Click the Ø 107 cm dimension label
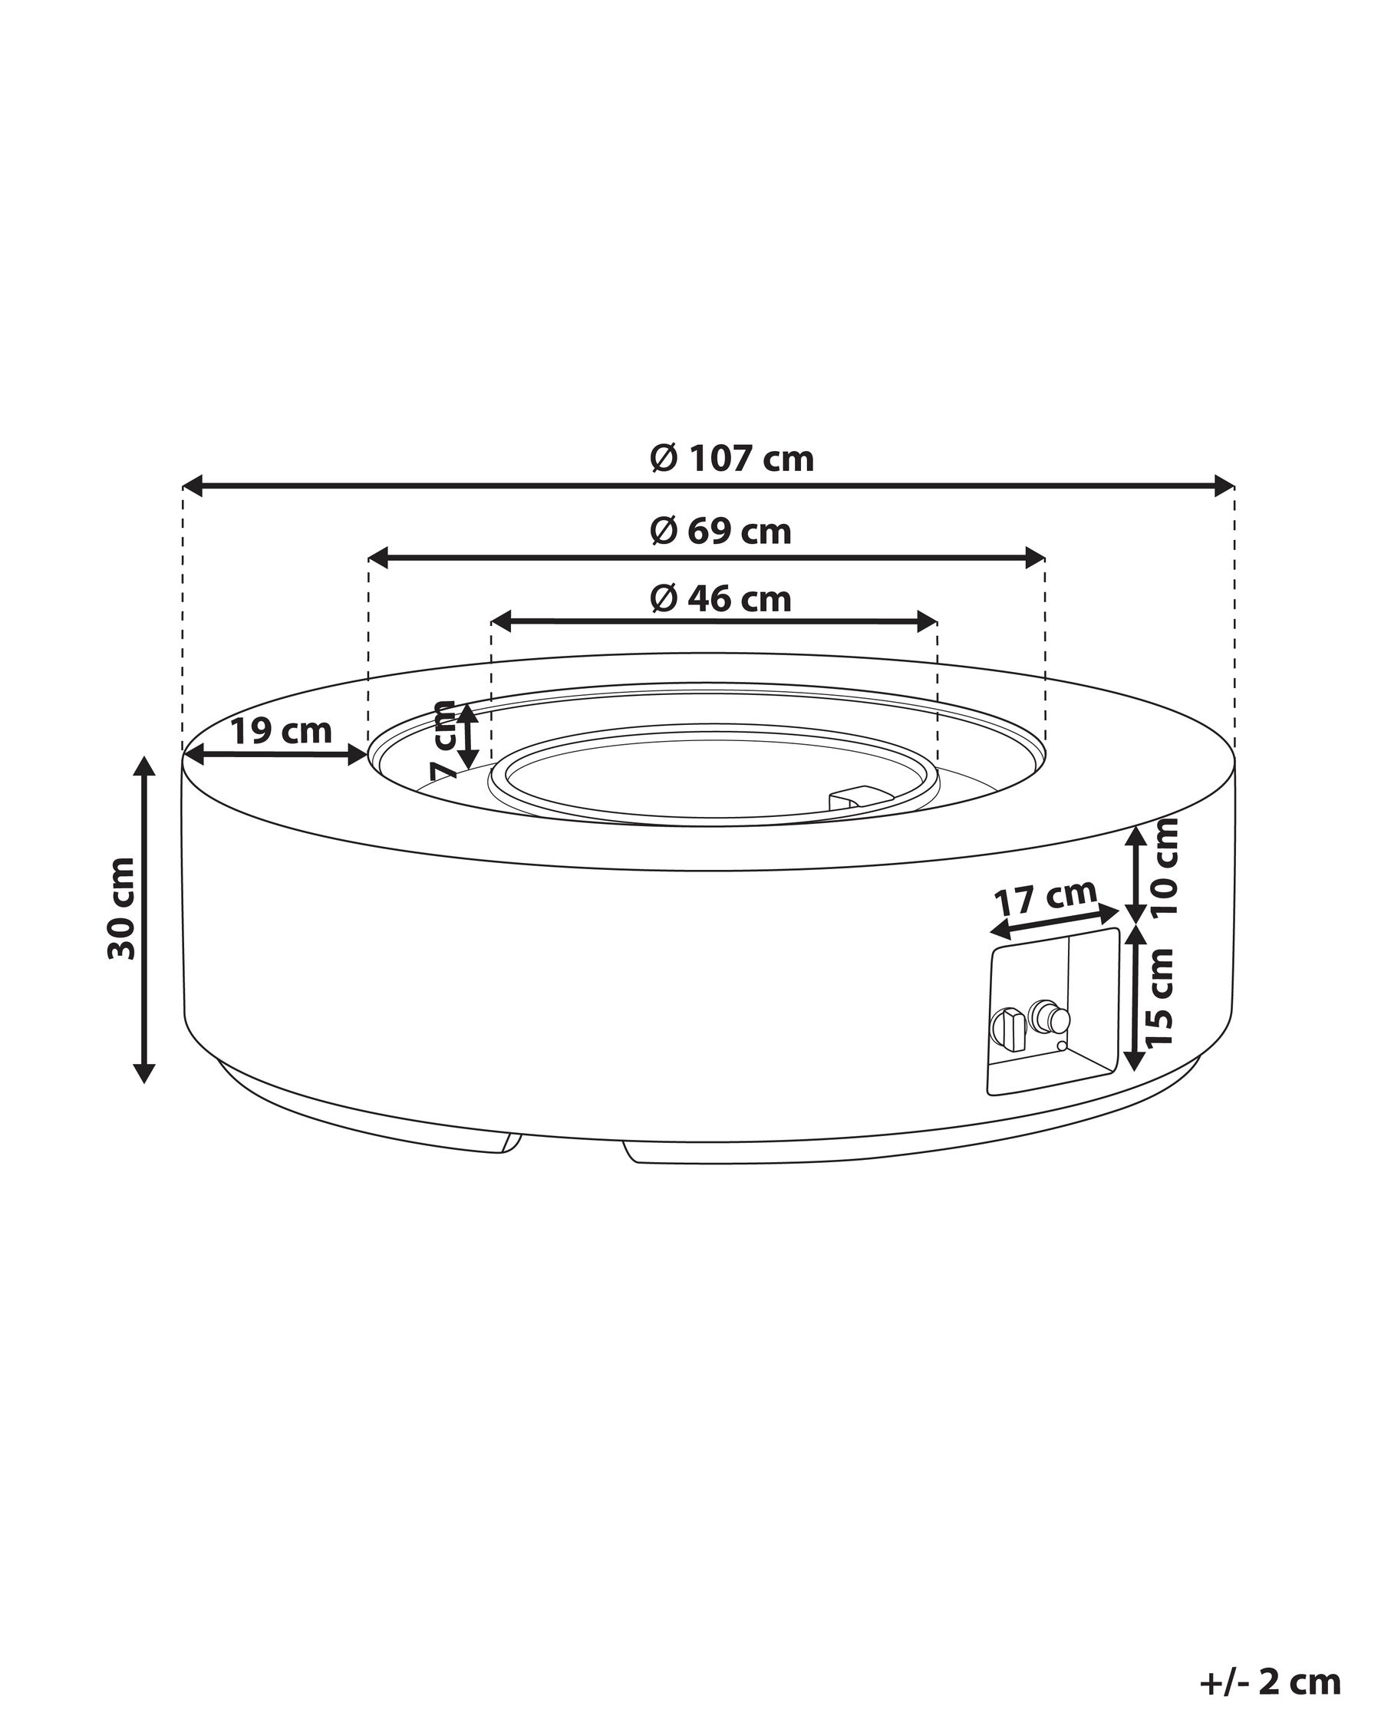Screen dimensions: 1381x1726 [x=731, y=459]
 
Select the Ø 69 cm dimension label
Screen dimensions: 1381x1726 [x=720, y=531]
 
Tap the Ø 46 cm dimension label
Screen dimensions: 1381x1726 [x=720, y=599]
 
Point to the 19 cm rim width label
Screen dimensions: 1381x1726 [x=281, y=730]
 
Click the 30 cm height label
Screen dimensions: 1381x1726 [x=122, y=907]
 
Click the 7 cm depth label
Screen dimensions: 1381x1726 [x=443, y=739]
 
